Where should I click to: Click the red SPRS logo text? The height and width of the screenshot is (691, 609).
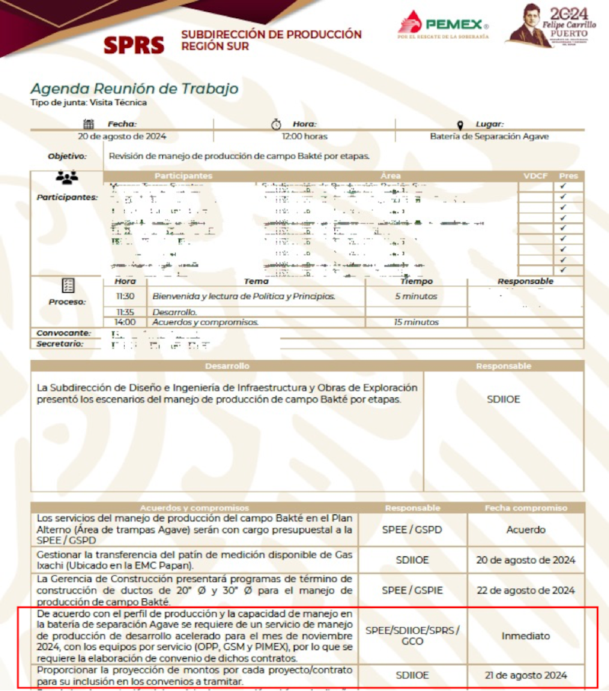pos(134,45)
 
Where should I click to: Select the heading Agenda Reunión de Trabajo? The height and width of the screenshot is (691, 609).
pos(134,88)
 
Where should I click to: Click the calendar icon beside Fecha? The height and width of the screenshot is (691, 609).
pos(88,124)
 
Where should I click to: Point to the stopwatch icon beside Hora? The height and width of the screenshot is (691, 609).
pos(276,124)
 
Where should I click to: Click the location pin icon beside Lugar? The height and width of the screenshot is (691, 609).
pos(460,125)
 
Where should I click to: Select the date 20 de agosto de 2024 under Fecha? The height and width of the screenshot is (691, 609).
pos(123,137)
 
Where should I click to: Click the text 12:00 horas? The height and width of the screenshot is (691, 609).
pos(304,137)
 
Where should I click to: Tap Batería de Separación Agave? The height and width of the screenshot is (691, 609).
pos(489,137)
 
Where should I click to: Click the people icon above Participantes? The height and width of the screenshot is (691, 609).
pos(67,178)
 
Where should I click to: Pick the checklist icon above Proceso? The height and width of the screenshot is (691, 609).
pos(69,286)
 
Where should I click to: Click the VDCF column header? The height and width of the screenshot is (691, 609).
pos(536,176)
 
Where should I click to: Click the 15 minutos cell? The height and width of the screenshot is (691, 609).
pos(416,322)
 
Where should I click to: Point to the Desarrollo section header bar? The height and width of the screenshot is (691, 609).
pos(227,366)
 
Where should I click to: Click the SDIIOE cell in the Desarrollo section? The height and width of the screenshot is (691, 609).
pos(503,399)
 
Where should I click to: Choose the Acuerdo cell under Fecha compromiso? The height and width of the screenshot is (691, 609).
pos(526,530)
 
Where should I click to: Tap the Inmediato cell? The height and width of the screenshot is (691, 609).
pos(525,635)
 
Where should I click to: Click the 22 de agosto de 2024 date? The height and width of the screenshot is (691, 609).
pos(525,591)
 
